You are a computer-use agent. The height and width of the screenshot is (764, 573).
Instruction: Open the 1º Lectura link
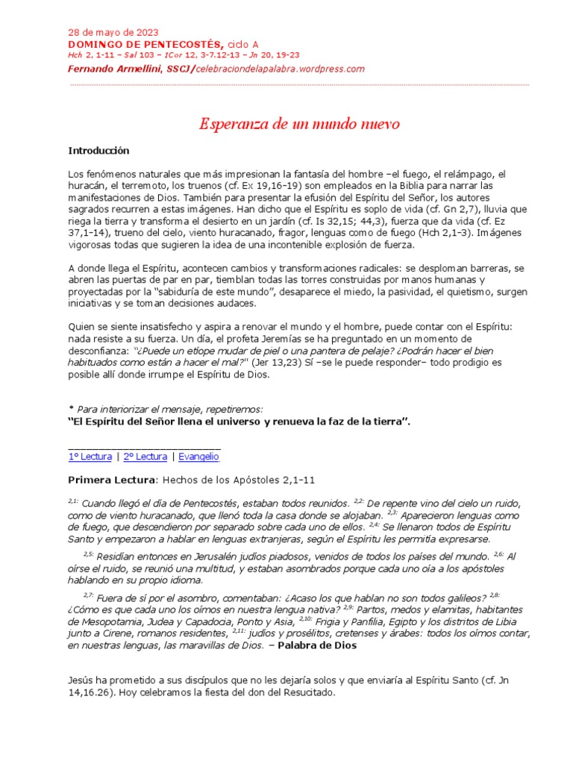[90, 456]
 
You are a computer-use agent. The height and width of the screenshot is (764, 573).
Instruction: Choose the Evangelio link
[199, 456]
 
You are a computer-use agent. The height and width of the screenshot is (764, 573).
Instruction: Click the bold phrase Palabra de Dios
[317, 646]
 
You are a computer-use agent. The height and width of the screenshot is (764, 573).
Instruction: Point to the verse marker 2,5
[89, 554]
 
